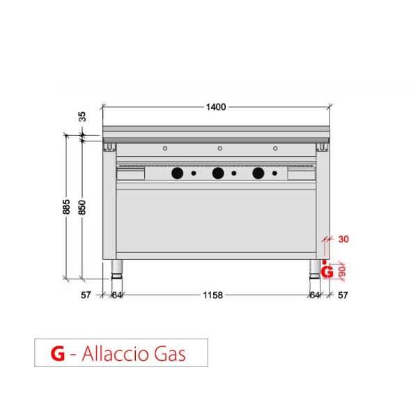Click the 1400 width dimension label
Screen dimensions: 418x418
click(x=216, y=107)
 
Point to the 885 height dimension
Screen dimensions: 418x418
click(x=66, y=207)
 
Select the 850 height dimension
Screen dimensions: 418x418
click(x=82, y=207)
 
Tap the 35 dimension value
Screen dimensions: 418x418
click(x=83, y=116)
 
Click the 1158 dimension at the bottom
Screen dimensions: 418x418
click(x=212, y=295)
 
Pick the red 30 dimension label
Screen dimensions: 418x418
click(x=343, y=239)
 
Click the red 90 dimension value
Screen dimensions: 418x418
click(x=342, y=272)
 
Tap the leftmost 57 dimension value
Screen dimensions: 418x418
click(x=86, y=295)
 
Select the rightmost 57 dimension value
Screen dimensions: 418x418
click(x=343, y=295)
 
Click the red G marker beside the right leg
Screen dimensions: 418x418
click(x=327, y=272)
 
